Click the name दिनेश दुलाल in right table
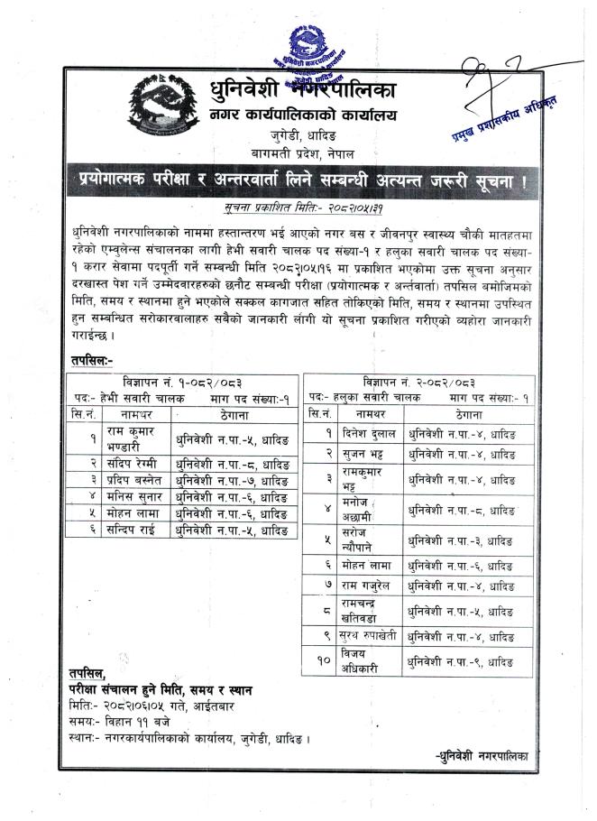coord(365,433)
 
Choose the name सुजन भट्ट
coord(361,455)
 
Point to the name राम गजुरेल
coord(364,586)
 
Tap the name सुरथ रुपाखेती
coord(366,637)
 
